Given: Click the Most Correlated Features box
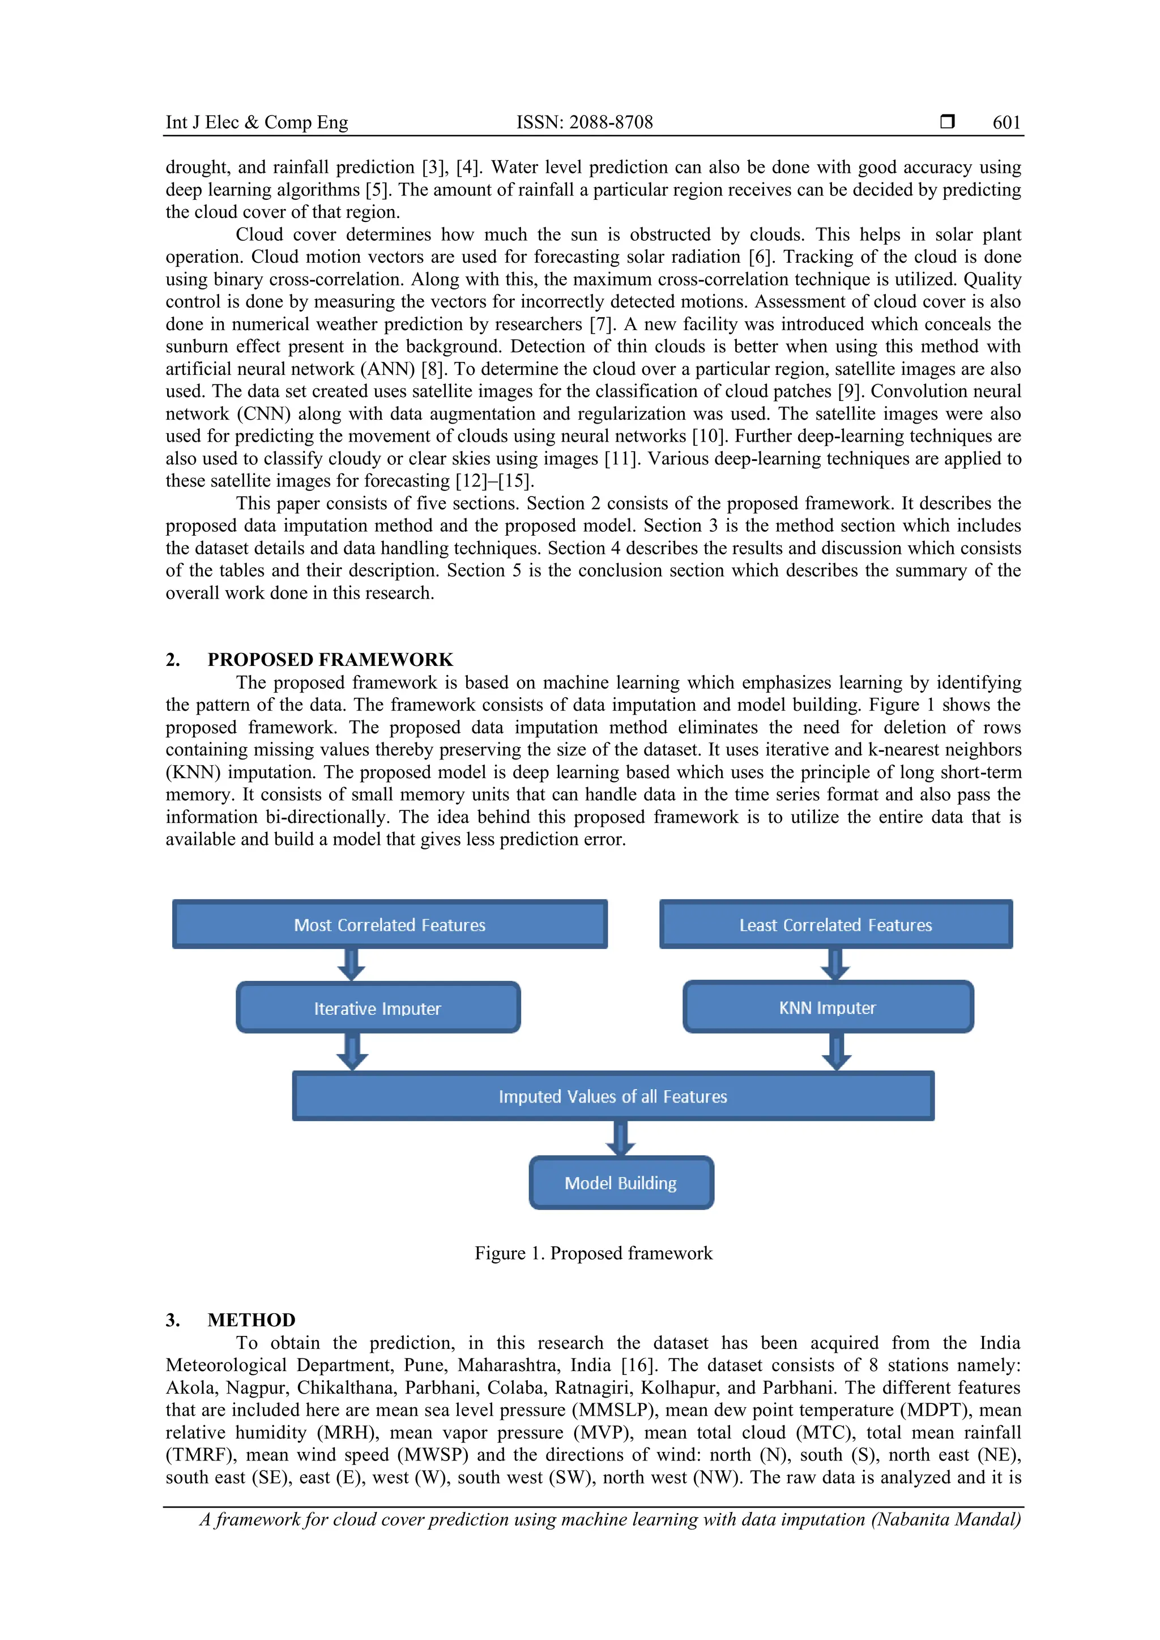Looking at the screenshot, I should (389, 924).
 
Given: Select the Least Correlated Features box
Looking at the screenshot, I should (835, 924).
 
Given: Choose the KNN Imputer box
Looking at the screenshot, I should (828, 1007).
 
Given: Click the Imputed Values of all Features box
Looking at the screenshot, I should (613, 1096).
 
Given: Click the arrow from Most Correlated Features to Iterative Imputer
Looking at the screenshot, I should (351, 964).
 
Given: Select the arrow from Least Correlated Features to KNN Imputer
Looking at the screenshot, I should (835, 964).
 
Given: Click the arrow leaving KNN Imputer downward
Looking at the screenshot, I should (837, 1052).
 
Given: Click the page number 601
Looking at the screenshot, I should (1007, 122).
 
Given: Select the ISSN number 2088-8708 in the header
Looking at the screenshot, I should (611, 122).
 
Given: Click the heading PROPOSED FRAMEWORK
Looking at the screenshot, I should (330, 659).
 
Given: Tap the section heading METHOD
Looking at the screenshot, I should (251, 1320).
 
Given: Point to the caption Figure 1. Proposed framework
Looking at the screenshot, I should (594, 1253).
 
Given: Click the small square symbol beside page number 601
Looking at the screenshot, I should (947, 121).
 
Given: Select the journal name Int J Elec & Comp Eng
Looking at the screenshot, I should (257, 122).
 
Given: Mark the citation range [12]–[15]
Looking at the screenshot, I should (494, 481).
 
